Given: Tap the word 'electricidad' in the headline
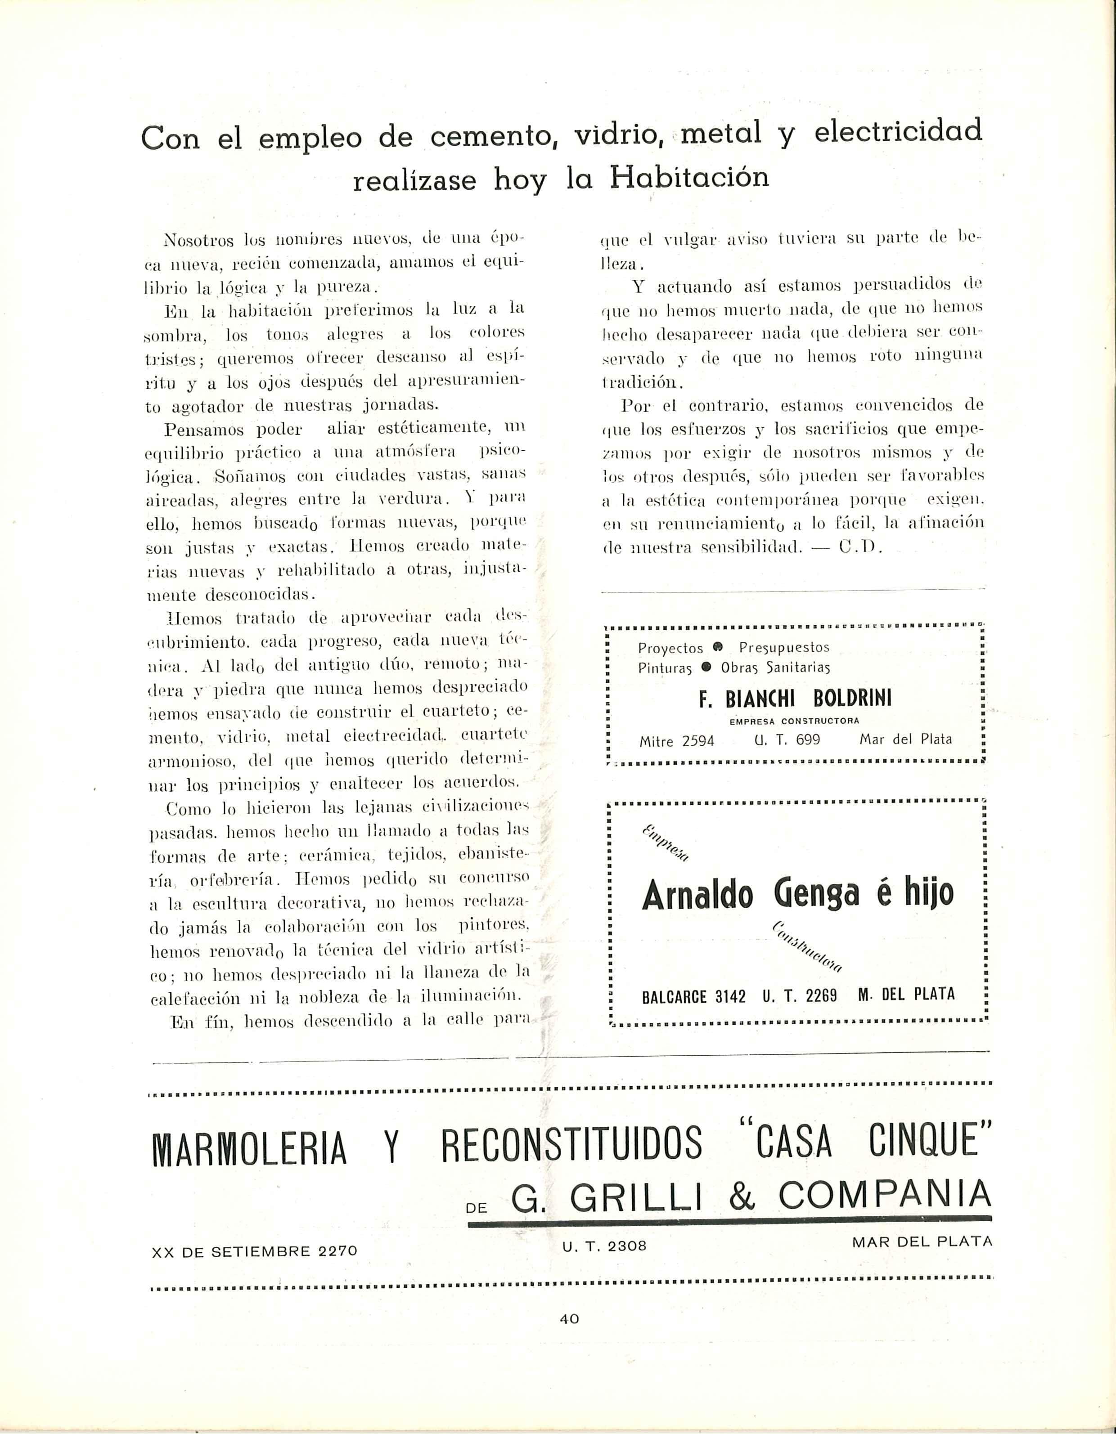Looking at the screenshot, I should tap(897, 131).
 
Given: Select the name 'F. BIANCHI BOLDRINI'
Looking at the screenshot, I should tap(795, 698).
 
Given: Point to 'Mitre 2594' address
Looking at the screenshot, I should tap(676, 741).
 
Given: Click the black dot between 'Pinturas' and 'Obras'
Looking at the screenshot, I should tap(706, 667).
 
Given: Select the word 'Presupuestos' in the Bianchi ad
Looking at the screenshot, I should tap(784, 647).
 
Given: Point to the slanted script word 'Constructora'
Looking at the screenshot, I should tap(807, 947).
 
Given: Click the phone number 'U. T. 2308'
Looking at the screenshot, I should tap(604, 1246).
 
